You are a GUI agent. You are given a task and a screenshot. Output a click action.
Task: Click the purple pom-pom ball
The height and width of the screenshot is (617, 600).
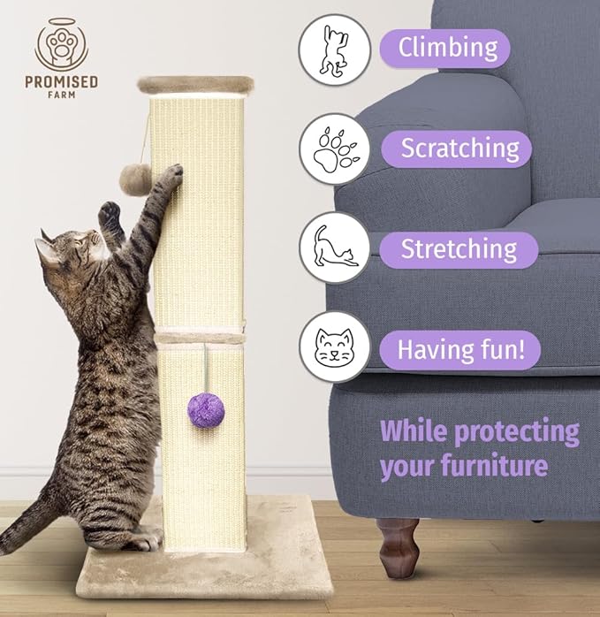point(206,411)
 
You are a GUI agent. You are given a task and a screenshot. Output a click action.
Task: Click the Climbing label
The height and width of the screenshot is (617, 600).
point(445,47)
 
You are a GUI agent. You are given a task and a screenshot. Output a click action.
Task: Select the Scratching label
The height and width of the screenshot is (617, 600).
point(459,148)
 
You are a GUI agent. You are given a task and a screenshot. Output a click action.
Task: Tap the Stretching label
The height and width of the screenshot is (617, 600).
point(459,249)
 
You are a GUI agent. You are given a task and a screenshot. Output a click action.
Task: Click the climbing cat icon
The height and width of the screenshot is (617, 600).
point(333,50)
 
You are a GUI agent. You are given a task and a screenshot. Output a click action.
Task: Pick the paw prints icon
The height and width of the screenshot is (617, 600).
point(333,149)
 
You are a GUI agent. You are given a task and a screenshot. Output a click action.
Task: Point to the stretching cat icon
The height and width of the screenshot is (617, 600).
point(333,250)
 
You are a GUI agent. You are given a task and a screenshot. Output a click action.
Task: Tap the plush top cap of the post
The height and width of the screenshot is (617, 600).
point(194,85)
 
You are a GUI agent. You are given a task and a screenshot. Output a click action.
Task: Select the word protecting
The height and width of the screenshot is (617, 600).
point(512,433)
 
